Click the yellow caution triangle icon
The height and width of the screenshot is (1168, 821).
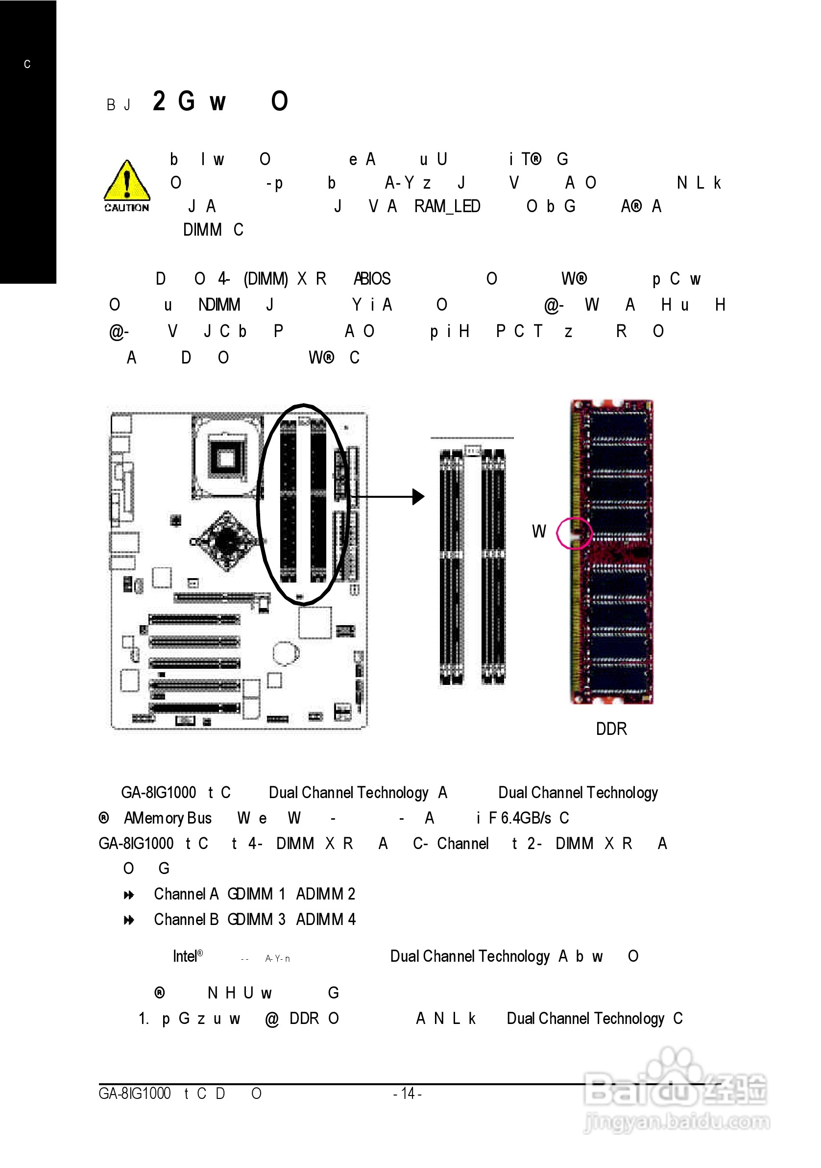click(x=127, y=182)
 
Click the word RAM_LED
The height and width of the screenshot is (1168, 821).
click(x=447, y=207)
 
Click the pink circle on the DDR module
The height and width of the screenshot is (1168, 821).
click(x=574, y=533)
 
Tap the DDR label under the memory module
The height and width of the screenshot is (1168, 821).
click(x=611, y=729)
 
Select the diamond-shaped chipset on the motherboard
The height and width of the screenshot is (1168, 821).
click(x=226, y=541)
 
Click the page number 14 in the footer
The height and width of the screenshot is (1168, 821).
click(x=408, y=1093)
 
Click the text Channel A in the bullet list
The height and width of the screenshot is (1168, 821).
click(x=186, y=894)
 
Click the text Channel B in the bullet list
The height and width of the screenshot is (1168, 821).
click(x=186, y=919)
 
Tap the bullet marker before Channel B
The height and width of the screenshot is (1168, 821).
click(x=129, y=920)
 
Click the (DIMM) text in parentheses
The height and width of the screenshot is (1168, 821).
click(x=266, y=279)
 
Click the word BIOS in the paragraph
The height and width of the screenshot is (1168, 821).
click(x=375, y=279)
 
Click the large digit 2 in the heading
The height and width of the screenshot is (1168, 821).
click(x=159, y=101)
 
